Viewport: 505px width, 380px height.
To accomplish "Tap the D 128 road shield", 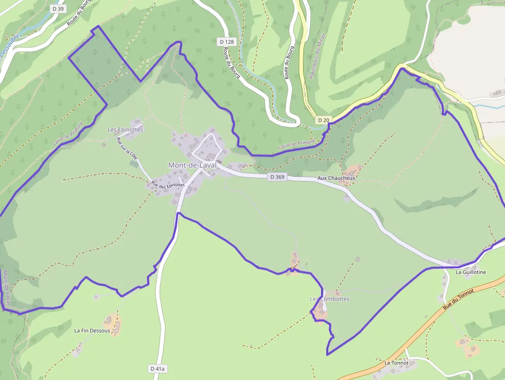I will (226, 42).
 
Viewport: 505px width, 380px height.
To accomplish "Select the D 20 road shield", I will (323, 120).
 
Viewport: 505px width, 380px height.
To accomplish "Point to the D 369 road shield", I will (277, 177).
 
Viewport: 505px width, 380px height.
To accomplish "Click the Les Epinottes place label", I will (125, 129).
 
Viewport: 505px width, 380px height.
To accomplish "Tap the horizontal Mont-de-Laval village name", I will (192, 165).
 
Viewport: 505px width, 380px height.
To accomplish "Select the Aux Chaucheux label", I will (336, 178).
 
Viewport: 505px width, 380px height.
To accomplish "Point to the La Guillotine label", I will (471, 272).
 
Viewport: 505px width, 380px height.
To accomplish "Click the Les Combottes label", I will (329, 299).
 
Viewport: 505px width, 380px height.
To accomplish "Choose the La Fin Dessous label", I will (92, 331).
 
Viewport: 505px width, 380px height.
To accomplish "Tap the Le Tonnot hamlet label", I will (396, 363).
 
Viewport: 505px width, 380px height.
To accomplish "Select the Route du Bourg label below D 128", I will (232, 63).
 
